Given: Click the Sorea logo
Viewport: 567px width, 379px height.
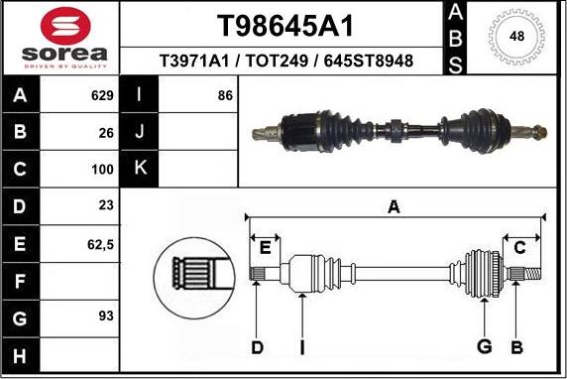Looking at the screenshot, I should click(61, 37).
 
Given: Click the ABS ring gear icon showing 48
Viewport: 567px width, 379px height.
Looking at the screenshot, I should click(516, 37).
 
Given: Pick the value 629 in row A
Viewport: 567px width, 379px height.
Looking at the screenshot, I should click(102, 96).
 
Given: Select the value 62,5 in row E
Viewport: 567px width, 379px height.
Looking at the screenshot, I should click(100, 242).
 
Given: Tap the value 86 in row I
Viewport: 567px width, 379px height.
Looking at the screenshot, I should click(225, 96).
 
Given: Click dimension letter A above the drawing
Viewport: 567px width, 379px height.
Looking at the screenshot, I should click(394, 206).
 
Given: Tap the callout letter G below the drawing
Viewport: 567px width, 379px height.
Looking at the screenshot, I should click(485, 346).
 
